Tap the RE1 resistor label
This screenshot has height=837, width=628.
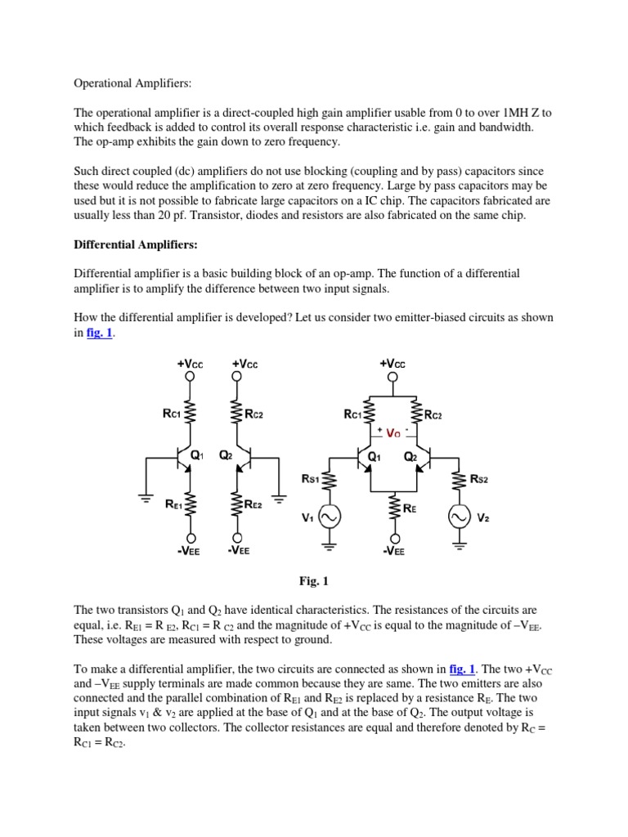pyautogui.click(x=172, y=506)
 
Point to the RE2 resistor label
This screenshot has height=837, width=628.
pyautogui.click(x=253, y=506)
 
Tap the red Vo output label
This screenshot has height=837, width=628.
pyautogui.click(x=394, y=434)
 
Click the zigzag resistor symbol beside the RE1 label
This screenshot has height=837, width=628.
pyautogui.click(x=191, y=506)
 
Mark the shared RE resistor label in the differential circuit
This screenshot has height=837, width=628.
pyautogui.click(x=410, y=508)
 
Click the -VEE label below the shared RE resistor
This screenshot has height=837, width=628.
pyautogui.click(x=394, y=550)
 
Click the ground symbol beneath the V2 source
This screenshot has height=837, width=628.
pyautogui.click(x=455, y=541)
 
